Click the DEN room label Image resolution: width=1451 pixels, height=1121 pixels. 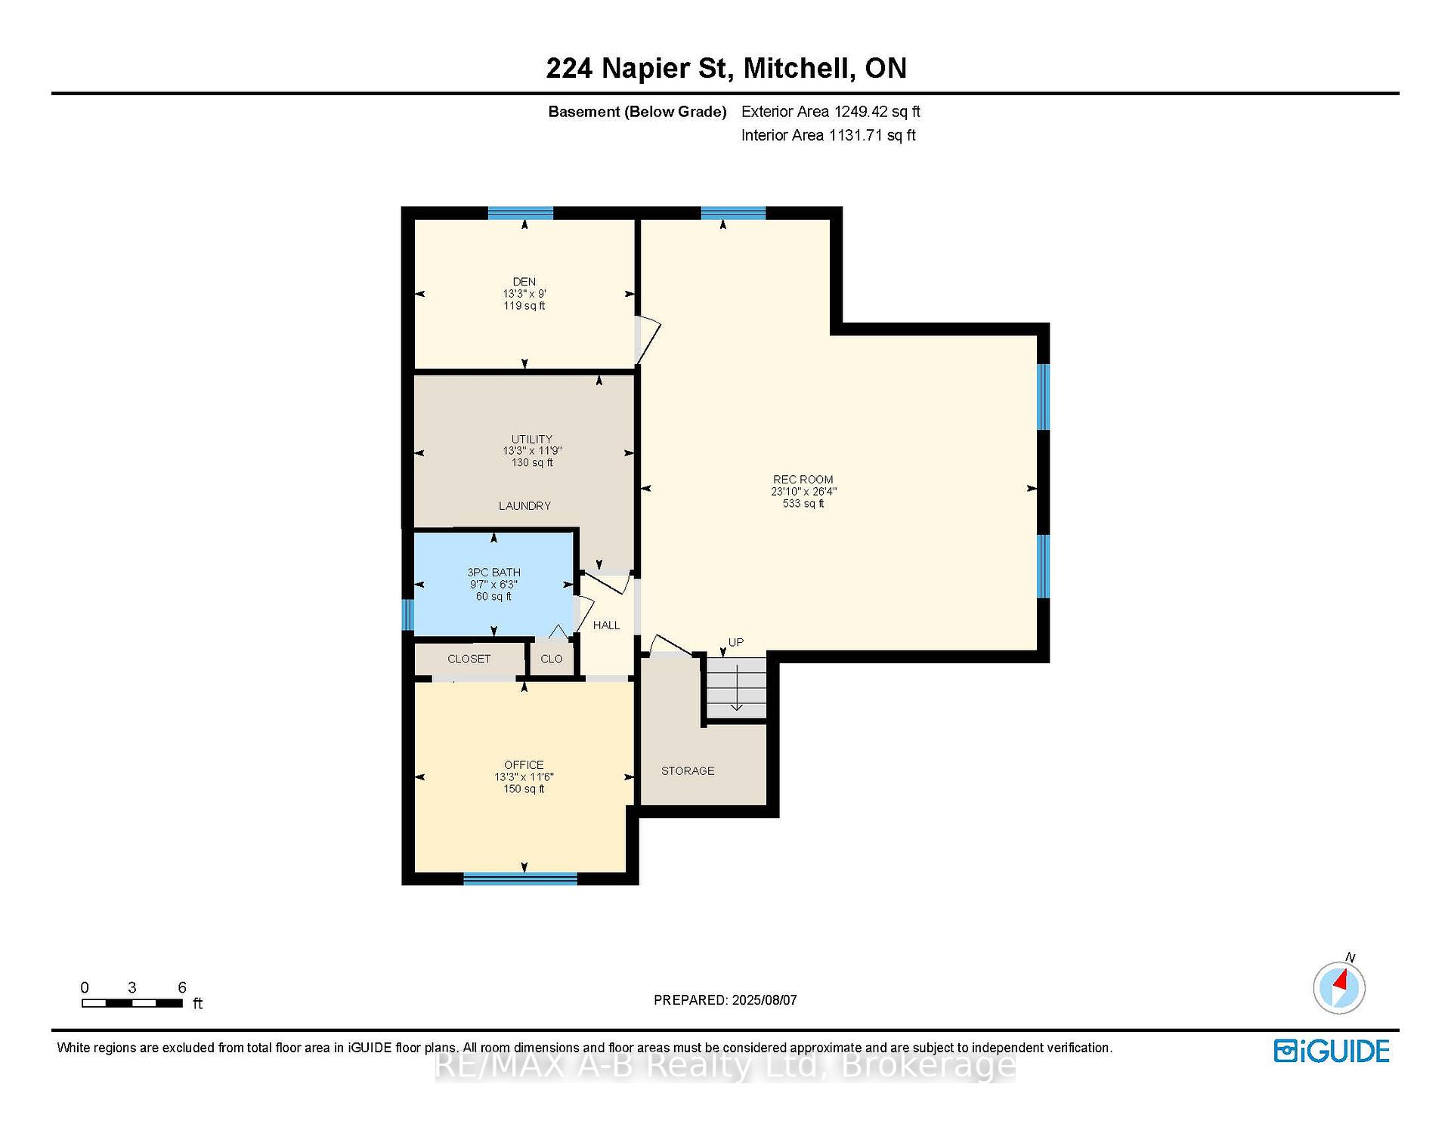click(x=524, y=282)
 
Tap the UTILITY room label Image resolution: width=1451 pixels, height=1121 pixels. click(x=532, y=439)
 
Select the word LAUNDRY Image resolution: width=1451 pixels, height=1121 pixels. click(x=524, y=505)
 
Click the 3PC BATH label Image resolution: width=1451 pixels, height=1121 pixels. click(x=493, y=572)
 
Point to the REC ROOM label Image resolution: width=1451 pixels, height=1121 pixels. click(x=803, y=479)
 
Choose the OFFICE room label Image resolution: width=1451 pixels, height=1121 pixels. click(x=524, y=764)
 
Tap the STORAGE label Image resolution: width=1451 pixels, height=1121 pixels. click(x=688, y=770)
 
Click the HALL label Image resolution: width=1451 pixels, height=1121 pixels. click(x=606, y=625)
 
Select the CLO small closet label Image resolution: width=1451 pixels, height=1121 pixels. click(x=552, y=659)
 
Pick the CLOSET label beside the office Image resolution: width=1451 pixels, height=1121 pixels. click(x=469, y=659)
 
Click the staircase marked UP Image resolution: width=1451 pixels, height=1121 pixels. click(x=736, y=687)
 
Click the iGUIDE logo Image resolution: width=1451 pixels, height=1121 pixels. click(x=1332, y=1051)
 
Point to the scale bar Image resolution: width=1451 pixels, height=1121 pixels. click(x=132, y=1003)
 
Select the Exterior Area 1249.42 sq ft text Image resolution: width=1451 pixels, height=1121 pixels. click(x=831, y=112)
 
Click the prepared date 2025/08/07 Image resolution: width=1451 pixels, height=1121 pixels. click(x=764, y=1000)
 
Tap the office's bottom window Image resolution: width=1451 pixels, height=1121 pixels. click(x=520, y=878)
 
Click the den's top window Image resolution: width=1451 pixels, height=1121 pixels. click(x=521, y=213)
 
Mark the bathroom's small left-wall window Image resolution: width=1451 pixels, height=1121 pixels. click(x=407, y=614)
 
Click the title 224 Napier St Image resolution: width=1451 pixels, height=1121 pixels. click(x=639, y=69)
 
